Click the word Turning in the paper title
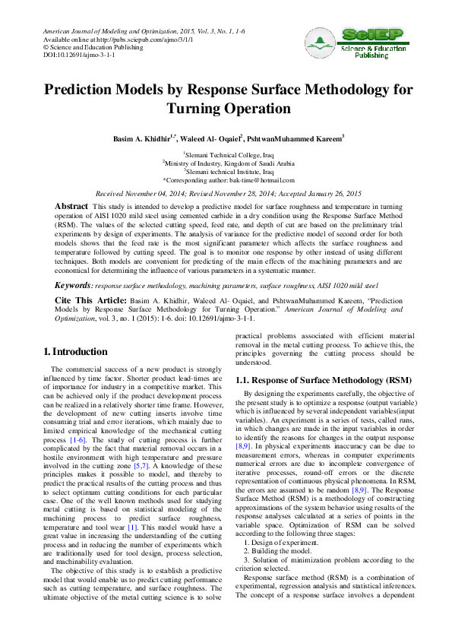pos(209,109)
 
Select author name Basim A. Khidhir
pos(141,139)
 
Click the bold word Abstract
pos(71,207)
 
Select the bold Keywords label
pos(73,286)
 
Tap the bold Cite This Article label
pos(87,301)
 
